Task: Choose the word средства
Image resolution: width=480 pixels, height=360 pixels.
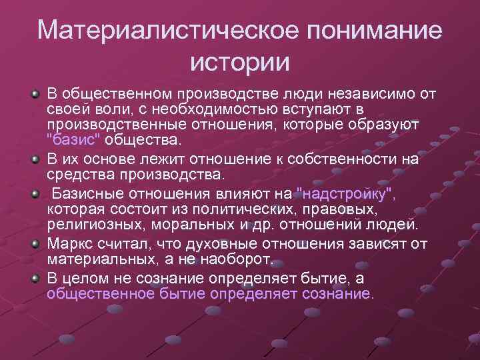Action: click(x=76, y=175)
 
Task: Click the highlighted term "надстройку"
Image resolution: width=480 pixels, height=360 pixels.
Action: click(x=345, y=193)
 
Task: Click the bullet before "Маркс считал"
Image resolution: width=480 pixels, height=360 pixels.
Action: click(x=35, y=243)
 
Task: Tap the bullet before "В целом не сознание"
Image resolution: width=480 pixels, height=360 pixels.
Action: click(x=35, y=277)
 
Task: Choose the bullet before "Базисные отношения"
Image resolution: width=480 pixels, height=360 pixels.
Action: click(x=35, y=193)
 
